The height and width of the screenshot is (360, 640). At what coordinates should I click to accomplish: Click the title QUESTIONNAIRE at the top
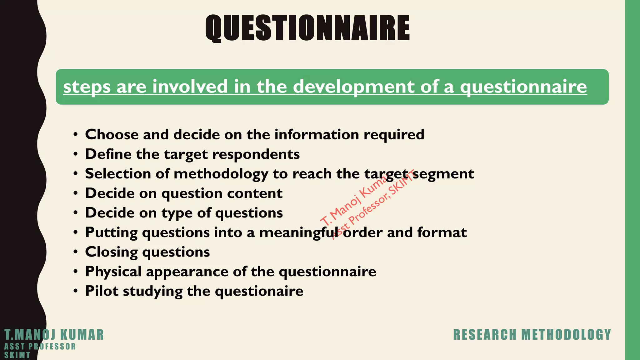[x=307, y=28]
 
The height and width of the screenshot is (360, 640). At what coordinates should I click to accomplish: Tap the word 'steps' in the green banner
[x=87, y=87]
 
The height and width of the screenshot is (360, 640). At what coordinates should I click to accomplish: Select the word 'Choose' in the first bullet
[x=112, y=135]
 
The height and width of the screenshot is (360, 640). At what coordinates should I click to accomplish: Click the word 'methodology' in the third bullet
[x=221, y=174]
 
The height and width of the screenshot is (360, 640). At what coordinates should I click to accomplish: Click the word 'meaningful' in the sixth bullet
[x=299, y=233]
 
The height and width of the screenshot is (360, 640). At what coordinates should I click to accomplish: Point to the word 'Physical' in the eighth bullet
[x=113, y=272]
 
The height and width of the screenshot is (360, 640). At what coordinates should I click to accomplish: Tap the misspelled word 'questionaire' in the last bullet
[x=259, y=292]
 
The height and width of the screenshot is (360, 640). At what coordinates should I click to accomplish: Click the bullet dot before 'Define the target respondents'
[x=75, y=154]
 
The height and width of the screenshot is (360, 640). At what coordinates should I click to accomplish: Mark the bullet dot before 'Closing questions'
[x=75, y=252]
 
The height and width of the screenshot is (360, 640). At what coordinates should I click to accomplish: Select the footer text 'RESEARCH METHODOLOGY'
[x=532, y=335]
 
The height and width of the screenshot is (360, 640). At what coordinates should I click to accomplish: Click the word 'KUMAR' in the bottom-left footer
[x=82, y=335]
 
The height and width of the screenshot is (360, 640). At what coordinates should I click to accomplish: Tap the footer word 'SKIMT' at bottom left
[x=17, y=355]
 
